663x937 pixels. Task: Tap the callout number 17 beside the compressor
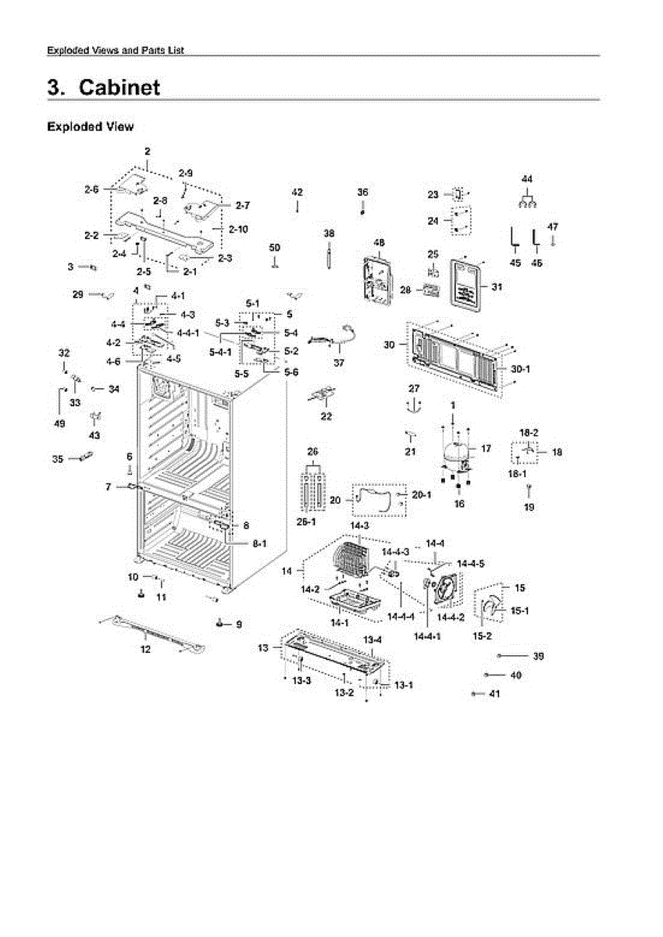(486, 448)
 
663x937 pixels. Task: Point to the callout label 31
(497, 287)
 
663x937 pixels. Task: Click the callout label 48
(380, 243)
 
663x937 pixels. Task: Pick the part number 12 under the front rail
(145, 650)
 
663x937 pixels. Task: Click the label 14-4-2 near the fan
(447, 617)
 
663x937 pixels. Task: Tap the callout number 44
(527, 179)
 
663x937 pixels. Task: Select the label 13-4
(372, 640)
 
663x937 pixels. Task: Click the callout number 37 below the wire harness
(338, 363)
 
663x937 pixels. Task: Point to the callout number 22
(326, 416)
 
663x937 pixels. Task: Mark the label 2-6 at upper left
(91, 188)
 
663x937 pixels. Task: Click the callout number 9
(238, 624)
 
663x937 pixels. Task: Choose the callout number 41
(494, 693)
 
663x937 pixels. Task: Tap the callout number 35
(57, 459)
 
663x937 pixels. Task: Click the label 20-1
(421, 494)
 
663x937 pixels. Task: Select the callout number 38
(329, 233)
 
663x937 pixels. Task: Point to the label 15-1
(520, 611)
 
